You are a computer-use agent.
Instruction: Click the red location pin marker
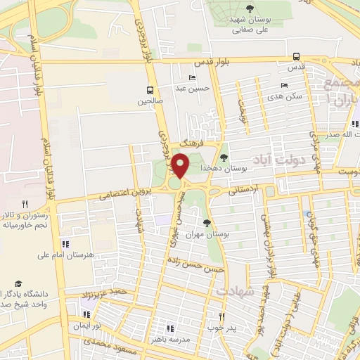[x=181, y=166]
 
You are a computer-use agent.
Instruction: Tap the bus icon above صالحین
[x=149, y=90]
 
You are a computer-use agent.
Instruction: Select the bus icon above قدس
[x=297, y=57]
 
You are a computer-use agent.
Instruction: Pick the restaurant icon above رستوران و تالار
[x=25, y=203]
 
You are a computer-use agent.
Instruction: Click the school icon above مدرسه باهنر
[x=170, y=328]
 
